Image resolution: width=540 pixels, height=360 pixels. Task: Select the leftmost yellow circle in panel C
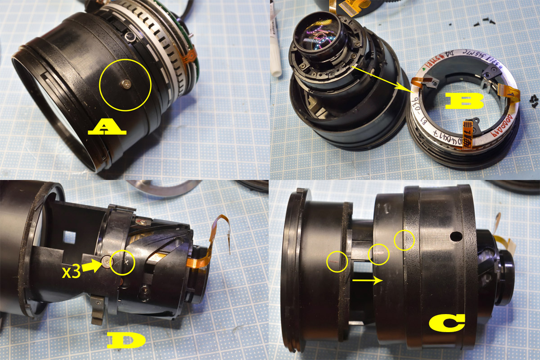(x=337, y=261)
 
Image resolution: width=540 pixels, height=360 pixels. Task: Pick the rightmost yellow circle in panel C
(x=404, y=241)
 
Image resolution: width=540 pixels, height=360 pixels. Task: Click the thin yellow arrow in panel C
(x=367, y=280)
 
